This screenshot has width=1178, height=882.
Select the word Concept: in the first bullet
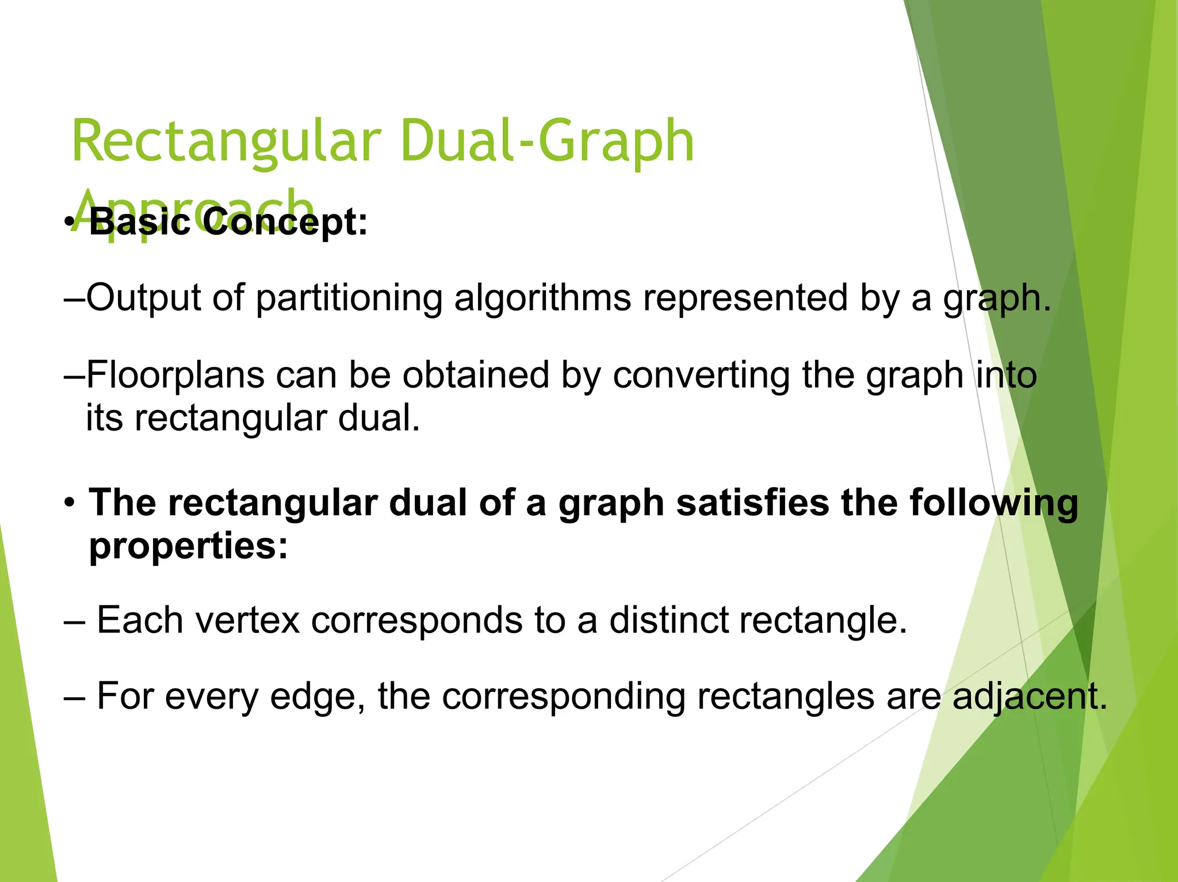pos(285,222)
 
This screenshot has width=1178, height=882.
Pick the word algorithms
pos(542,298)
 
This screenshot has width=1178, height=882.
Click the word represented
pos(745,298)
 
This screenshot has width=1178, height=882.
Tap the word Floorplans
pos(175,375)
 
